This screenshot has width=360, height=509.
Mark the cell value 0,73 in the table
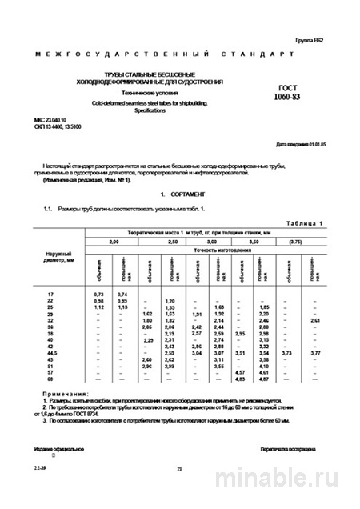100,295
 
